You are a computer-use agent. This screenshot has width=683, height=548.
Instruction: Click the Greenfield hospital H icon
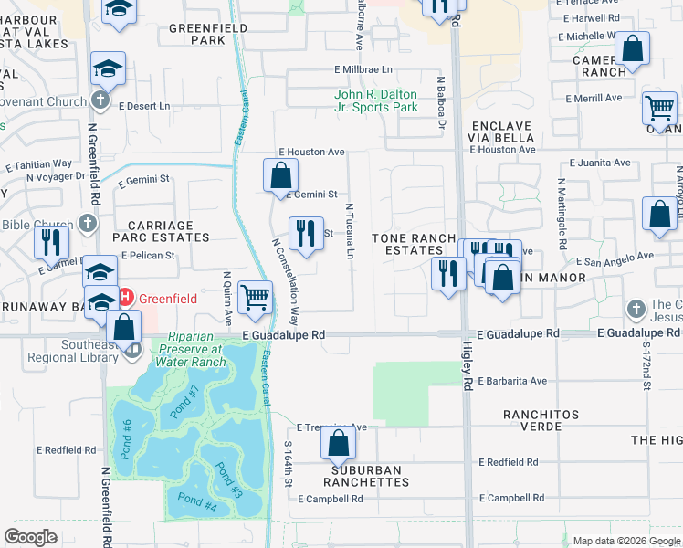[x=128, y=297]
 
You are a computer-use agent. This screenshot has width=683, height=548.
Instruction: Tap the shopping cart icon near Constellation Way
[x=255, y=297]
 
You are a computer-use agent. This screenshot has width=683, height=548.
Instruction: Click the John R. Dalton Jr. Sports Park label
[x=375, y=100]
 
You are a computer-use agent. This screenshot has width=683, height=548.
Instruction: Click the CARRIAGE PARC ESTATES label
[x=161, y=231]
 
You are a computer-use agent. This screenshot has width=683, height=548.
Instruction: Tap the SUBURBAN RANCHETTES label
[x=363, y=476]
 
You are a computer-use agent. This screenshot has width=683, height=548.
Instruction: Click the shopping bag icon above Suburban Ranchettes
[x=338, y=444]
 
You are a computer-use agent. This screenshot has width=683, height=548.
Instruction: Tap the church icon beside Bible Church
[x=87, y=223]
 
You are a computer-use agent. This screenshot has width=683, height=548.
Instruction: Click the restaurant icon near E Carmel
[x=51, y=242]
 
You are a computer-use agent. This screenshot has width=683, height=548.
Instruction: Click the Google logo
[x=31, y=537]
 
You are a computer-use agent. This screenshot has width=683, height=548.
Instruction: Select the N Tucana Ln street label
[x=348, y=231]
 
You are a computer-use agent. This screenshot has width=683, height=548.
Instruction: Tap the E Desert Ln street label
[x=142, y=106]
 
